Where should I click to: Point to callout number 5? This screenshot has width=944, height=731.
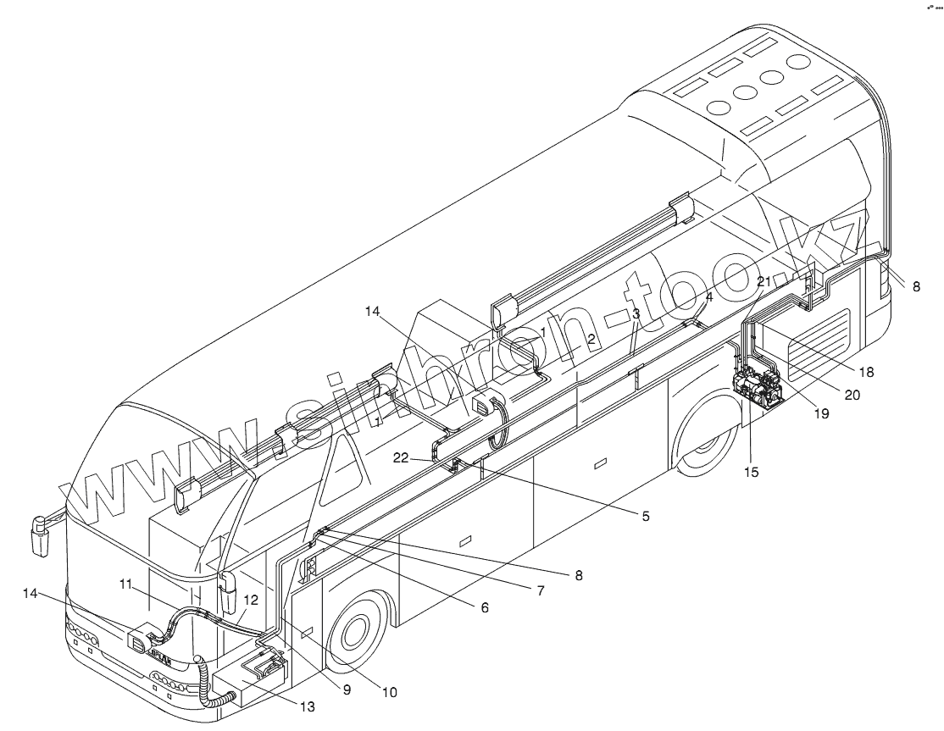(x=645, y=514)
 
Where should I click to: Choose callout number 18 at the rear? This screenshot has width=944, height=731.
(x=865, y=371)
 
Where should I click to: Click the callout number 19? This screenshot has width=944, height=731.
(x=820, y=414)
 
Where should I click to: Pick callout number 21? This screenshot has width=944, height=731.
(x=764, y=281)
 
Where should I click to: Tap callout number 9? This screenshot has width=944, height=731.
(x=346, y=689)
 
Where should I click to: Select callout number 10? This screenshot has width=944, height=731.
(x=389, y=691)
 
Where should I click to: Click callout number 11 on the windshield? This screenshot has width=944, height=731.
(x=125, y=584)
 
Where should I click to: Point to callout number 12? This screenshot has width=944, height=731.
(x=251, y=600)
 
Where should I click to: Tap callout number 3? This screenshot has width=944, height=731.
(x=635, y=313)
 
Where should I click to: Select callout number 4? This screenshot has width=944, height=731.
(x=708, y=296)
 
